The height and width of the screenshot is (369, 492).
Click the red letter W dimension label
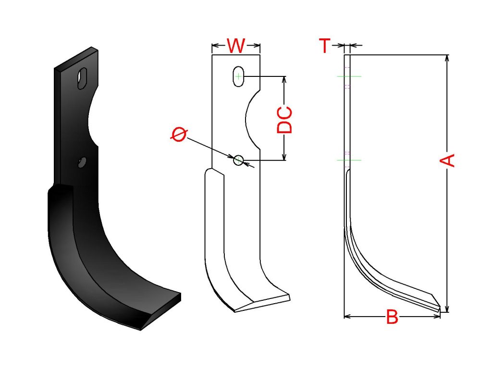coord(236,46)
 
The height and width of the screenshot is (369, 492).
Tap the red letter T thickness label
coord(325,46)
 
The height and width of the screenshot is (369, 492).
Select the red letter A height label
coord(447,160)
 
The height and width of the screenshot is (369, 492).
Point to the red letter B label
coord(392,317)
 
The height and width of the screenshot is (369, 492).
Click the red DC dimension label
coord(284,120)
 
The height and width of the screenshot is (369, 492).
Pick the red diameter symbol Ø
coord(179,135)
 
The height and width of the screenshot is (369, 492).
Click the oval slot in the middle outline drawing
coord(238,76)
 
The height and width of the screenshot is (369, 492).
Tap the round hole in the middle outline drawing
coord(238,160)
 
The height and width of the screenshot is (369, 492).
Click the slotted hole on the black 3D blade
coord(83,78)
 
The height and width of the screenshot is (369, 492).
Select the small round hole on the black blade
coord(82,162)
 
